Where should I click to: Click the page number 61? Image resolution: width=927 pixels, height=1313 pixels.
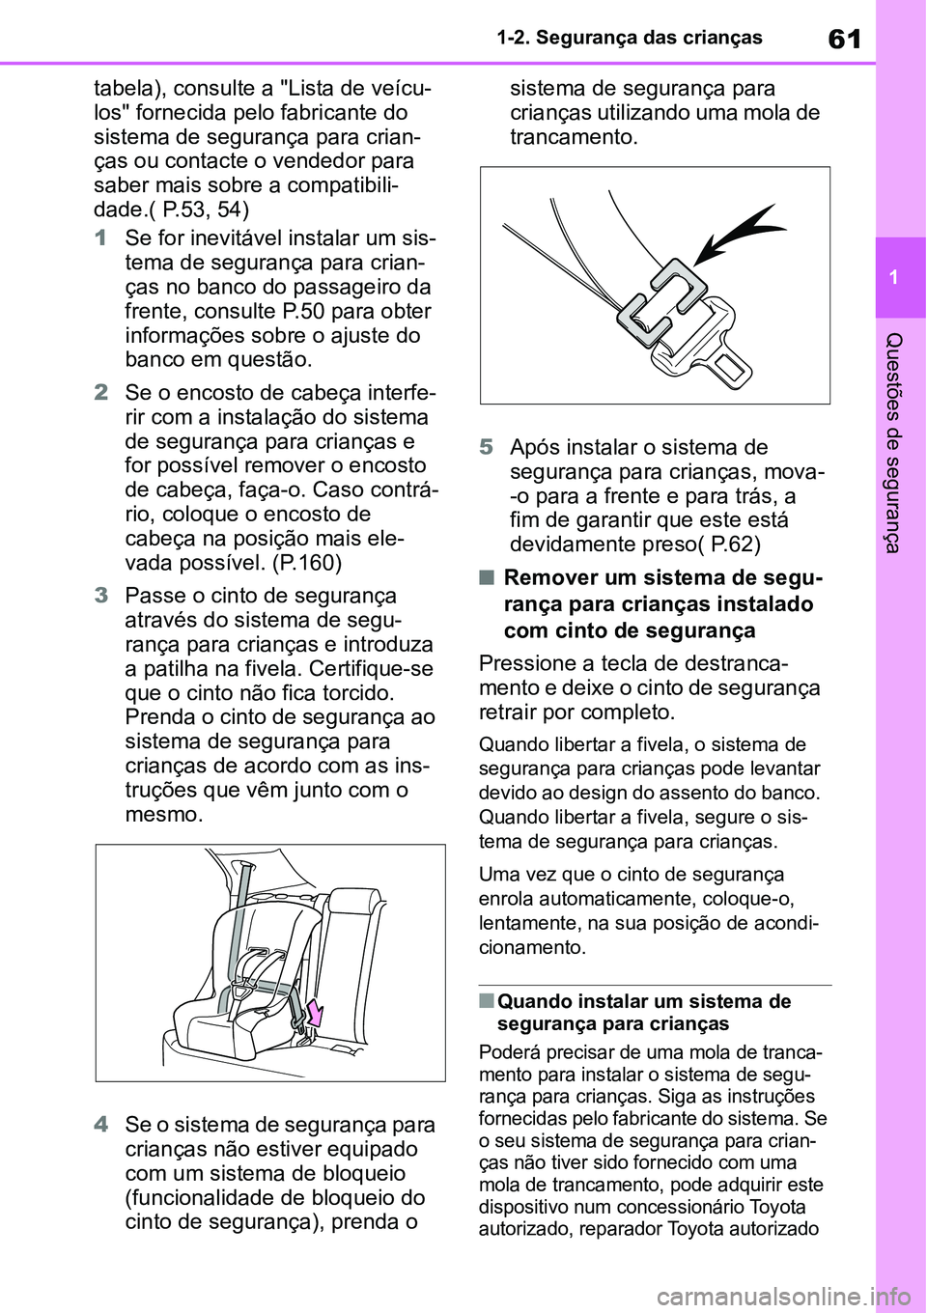click(844, 39)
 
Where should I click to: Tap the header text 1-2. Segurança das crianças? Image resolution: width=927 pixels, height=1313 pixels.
click(630, 38)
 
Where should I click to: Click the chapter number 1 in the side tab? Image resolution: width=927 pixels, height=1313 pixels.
click(894, 278)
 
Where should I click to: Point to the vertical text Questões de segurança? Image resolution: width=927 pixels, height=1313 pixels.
click(894, 442)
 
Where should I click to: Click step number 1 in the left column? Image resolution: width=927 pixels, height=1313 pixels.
click(101, 238)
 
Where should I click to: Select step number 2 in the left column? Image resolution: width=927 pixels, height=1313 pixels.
click(101, 393)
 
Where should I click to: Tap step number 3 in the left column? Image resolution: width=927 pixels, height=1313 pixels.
click(101, 596)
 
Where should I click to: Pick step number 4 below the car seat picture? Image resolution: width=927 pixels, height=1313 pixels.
click(101, 1125)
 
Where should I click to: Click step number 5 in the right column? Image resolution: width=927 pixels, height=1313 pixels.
click(487, 447)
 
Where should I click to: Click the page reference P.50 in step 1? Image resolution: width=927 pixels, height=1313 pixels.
click(302, 311)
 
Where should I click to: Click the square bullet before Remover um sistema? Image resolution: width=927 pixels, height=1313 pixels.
click(486, 577)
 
